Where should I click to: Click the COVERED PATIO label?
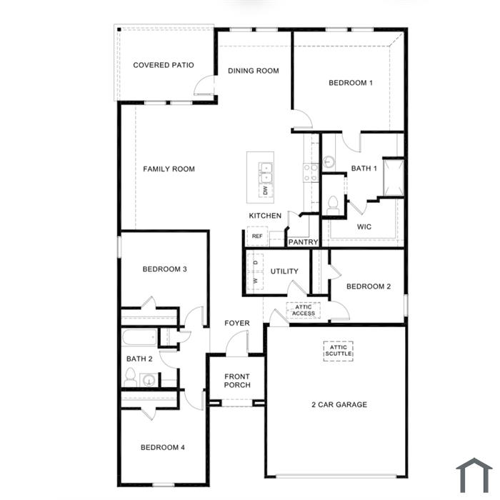point(164,65)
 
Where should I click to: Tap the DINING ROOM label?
point(253,71)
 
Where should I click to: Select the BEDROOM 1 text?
point(351,83)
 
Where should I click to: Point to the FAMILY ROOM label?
point(169,169)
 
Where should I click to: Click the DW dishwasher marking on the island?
point(265,191)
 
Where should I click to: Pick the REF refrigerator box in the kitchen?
point(256,236)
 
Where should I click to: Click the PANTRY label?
point(303,242)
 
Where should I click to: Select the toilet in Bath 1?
point(331,204)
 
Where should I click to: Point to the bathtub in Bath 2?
point(139,337)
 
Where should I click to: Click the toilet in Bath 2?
point(131,376)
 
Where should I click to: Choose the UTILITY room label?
point(284,271)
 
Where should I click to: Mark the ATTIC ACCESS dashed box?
point(304,310)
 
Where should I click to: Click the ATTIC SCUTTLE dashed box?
point(339,350)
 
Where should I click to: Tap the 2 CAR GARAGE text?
point(339,405)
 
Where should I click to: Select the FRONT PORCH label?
point(237,381)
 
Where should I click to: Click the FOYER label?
point(237,324)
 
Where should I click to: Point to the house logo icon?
point(474,475)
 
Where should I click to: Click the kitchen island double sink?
point(266,172)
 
